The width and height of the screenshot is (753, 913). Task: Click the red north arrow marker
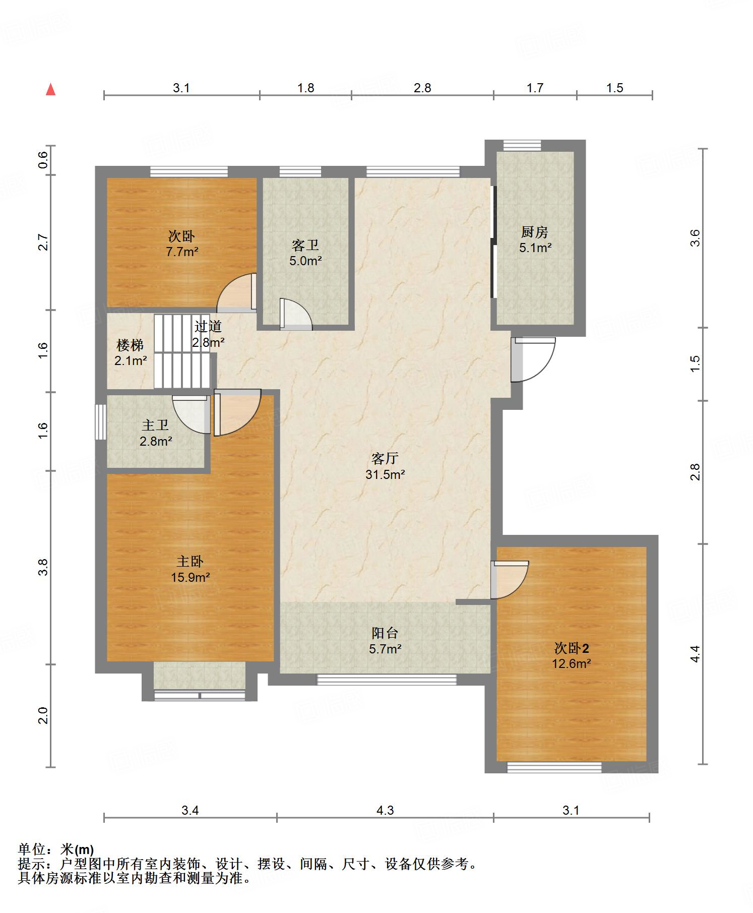(50, 89)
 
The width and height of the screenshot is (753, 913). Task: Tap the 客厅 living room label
(385, 458)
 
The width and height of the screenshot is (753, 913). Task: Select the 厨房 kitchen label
(535, 232)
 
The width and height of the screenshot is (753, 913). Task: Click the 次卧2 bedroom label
(572, 648)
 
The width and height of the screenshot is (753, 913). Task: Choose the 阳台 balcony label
(385, 633)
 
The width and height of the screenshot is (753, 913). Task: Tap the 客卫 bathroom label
(305, 245)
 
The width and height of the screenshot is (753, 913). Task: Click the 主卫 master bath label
(156, 426)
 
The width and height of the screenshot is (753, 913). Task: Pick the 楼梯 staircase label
(130, 345)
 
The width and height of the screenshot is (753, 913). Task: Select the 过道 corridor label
(208, 326)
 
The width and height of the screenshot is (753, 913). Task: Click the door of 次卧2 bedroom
(510, 580)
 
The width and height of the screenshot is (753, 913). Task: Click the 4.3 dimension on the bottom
(385, 810)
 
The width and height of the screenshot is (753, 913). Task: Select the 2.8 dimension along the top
(422, 88)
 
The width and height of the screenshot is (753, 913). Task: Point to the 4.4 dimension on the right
(695, 654)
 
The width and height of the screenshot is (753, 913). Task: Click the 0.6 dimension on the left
(43, 160)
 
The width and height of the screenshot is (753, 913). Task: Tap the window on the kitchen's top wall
(522, 145)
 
